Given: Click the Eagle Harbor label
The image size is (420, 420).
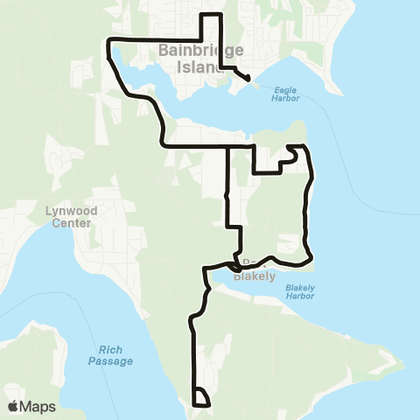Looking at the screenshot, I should click(286, 94).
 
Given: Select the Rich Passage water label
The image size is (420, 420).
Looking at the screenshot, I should click(109, 355).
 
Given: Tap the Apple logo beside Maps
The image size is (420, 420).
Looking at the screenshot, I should click(13, 406).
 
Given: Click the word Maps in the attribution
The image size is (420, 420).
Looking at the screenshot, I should click(38, 406).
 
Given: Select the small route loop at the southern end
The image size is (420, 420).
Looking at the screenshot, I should click(201, 398).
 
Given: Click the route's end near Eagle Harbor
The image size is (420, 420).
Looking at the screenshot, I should click(248, 80).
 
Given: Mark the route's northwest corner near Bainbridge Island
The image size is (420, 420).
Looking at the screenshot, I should click(108, 41).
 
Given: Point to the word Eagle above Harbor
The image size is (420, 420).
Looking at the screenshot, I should click(286, 89).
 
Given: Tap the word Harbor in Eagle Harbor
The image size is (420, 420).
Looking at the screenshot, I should click(286, 98).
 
